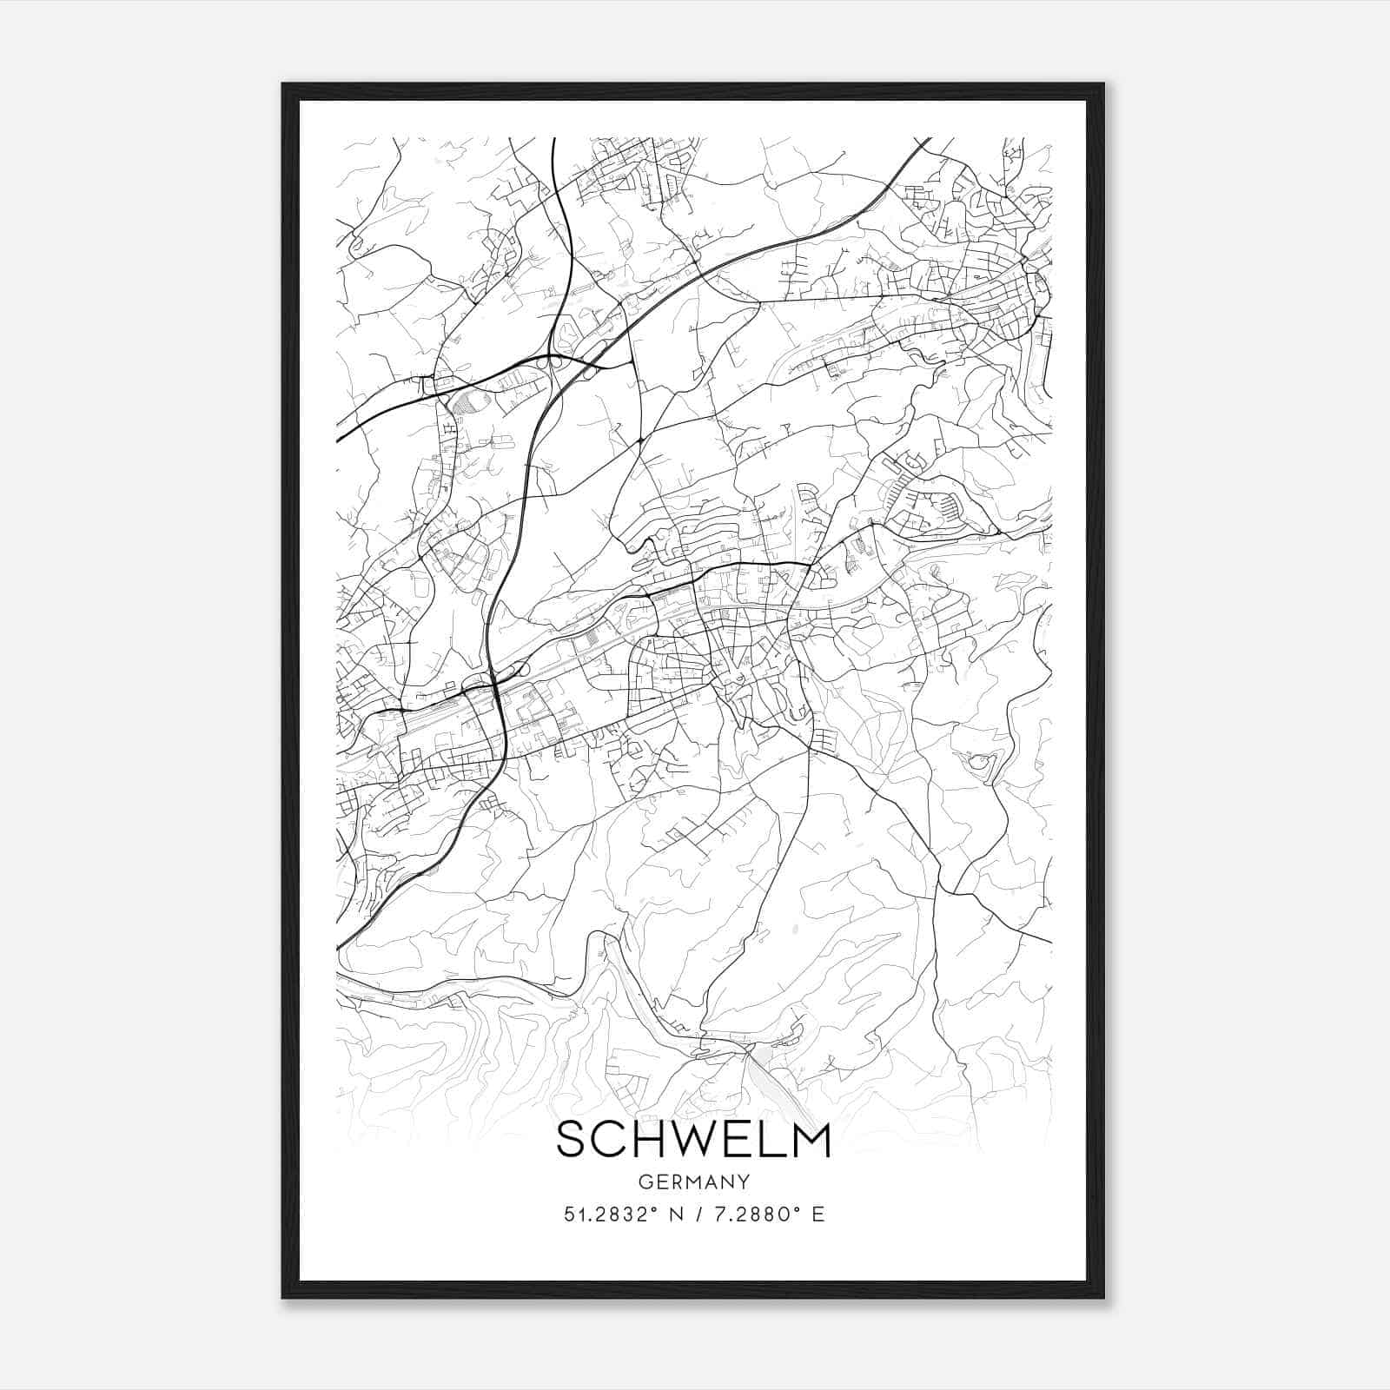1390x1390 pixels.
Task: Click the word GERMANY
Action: click(693, 1181)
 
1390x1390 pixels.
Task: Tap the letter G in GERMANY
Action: click(645, 1181)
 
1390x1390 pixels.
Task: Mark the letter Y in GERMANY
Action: click(745, 1181)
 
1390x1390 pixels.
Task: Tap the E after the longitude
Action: click(817, 1214)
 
